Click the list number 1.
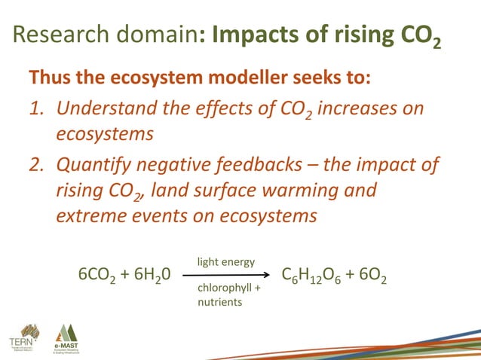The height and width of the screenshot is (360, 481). coord(35,110)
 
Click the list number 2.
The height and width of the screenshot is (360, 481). coord(35,165)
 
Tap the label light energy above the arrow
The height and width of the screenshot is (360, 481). coord(225,262)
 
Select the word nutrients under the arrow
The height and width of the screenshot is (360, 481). coord(219,302)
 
